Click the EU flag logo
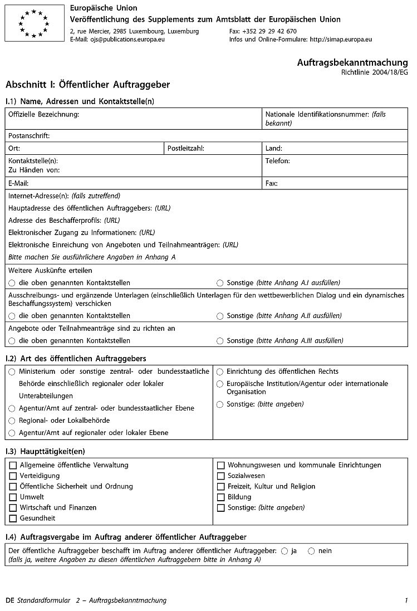[34, 23]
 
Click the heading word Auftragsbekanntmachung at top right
[352, 62]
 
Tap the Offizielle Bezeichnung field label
[43, 114]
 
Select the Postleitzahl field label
[186, 149]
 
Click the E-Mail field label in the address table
[18, 183]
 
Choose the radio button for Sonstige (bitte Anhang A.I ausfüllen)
[220, 283]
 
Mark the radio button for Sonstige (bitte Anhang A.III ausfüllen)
[220, 341]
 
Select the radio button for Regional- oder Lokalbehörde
[12, 421]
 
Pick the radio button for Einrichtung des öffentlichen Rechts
[220, 372]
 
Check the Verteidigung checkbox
[13, 476]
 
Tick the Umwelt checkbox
[13, 497]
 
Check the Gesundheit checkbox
[13, 519]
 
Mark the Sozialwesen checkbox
[220, 476]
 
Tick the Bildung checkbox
[220, 497]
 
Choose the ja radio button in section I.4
[284, 551]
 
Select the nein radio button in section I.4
[311, 551]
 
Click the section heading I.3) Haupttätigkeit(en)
[45, 451]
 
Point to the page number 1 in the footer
[406, 600]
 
